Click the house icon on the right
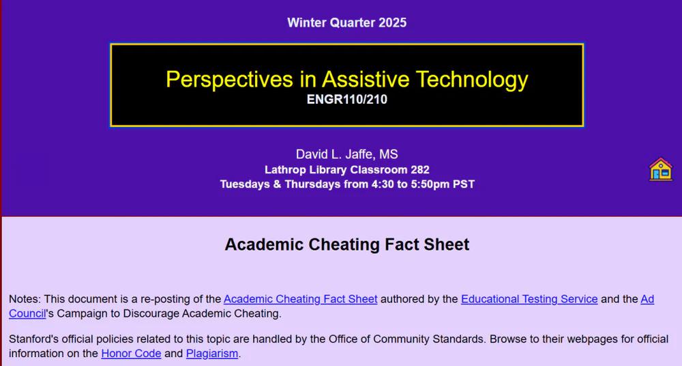pos(661,169)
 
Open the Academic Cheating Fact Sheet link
pos(301,299)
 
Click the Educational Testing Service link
pos(529,299)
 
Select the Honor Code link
pos(132,353)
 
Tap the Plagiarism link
pos(212,353)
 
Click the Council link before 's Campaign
pos(27,313)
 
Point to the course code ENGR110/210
pos(347,99)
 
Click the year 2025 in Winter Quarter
pos(392,23)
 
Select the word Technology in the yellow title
pos(473,79)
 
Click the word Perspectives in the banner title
pos(229,79)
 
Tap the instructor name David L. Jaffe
pos(335,154)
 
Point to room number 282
pos(420,169)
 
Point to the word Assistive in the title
pos(366,79)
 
